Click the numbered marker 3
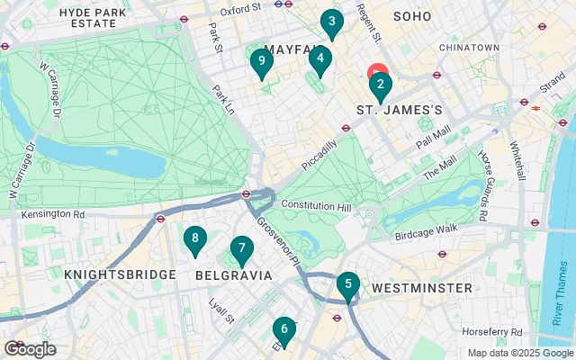(332, 22)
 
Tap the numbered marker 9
(261, 62)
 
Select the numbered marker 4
(319, 60)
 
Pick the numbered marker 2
(380, 87)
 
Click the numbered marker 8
(194, 240)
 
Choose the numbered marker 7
(240, 249)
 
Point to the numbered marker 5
(347, 285)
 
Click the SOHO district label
(412, 16)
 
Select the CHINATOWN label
(469, 47)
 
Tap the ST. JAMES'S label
(400, 110)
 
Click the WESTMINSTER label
(421, 288)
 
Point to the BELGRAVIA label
(234, 275)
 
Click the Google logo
(30, 349)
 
